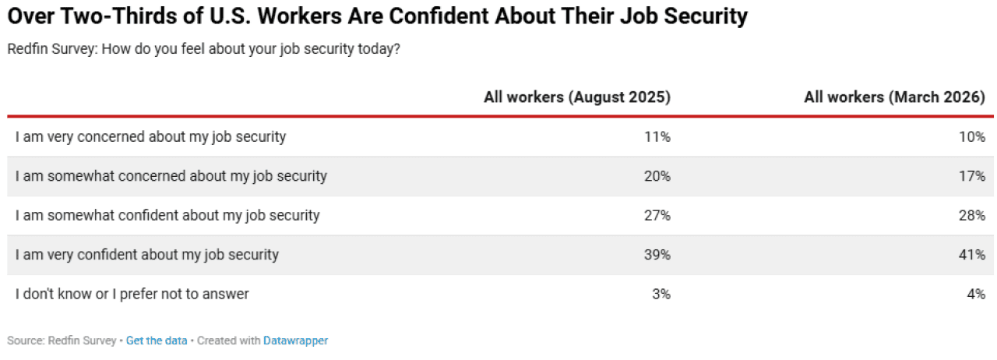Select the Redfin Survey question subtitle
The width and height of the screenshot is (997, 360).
[204, 49]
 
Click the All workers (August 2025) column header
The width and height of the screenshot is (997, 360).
[576, 97]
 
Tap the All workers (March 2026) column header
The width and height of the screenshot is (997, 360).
[895, 97]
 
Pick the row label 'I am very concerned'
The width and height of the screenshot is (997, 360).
[150, 137]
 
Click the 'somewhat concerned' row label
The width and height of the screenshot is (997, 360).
[171, 176]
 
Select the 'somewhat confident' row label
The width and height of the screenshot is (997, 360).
[167, 215]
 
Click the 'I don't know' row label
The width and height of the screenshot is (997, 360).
[132, 294]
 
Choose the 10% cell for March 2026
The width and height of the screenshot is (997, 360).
[972, 137]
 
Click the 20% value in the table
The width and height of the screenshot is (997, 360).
[657, 176]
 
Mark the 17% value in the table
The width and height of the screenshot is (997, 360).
[972, 176]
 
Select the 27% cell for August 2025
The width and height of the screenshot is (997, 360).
[657, 215]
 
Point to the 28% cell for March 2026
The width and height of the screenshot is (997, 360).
[972, 215]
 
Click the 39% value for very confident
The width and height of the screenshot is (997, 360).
[657, 255]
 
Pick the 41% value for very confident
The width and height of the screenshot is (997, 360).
[972, 255]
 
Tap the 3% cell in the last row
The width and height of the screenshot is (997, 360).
[661, 294]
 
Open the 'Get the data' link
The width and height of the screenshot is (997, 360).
[157, 341]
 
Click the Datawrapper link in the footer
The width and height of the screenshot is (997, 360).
[295, 341]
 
